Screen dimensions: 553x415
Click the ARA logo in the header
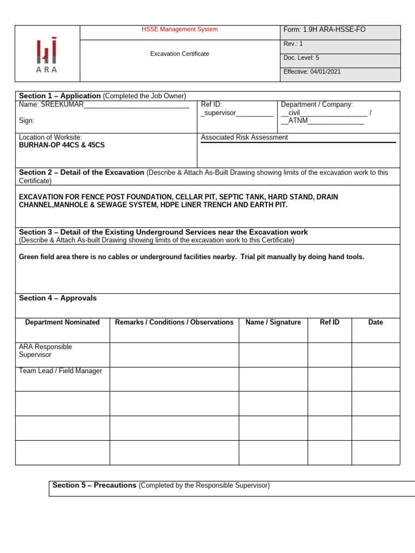coord(47,55)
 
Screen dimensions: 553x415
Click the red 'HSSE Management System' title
coord(179,29)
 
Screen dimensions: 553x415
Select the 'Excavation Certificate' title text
coord(179,54)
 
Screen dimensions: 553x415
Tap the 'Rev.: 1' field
coord(293,44)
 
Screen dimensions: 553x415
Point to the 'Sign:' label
coord(26,121)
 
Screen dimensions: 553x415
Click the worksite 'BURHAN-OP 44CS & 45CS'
coord(62,145)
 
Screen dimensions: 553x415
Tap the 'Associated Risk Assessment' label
coord(244,138)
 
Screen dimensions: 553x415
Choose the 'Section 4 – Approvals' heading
coord(58,298)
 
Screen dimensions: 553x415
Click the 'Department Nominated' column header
coord(62,322)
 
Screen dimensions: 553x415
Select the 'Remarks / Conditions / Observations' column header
coord(174,322)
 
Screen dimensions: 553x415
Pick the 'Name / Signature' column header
coord(273,322)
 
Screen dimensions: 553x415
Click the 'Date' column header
coord(375,322)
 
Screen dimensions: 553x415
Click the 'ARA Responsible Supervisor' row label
coord(45,350)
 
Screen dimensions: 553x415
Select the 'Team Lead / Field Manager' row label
coord(61,371)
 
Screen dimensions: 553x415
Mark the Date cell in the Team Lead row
coord(375,379)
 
